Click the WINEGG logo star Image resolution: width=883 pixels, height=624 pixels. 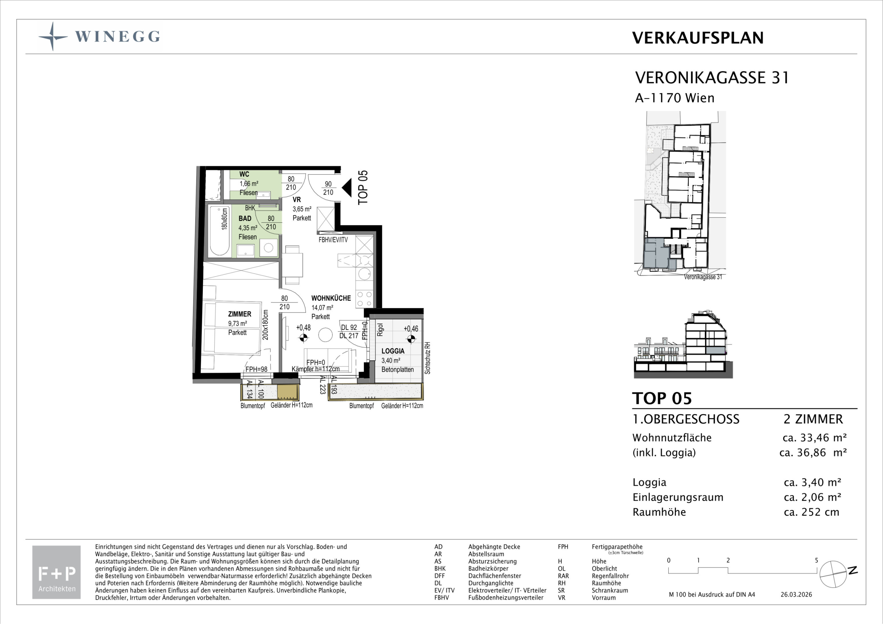tap(53, 36)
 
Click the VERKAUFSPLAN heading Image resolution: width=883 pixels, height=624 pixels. tap(698, 38)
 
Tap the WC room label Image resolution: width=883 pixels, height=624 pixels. tap(244, 174)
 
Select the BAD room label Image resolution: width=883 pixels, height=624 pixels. tap(245, 218)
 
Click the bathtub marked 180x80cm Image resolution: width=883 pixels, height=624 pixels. tap(220, 231)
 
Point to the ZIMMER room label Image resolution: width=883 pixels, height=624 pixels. tap(240, 314)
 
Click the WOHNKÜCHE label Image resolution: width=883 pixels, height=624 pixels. tap(331, 298)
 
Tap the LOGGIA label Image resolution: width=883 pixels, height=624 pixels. tap(393, 351)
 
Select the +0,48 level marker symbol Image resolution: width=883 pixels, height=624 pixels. tap(304, 338)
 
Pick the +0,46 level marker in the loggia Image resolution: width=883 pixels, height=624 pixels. tap(411, 339)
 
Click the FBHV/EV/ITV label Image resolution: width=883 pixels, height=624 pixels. tap(333, 240)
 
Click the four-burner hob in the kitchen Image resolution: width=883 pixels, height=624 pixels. tap(364, 299)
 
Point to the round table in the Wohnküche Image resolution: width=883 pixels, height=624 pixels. tap(326, 335)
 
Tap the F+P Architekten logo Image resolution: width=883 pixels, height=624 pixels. tap(57, 572)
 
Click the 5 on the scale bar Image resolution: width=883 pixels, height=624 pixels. tap(817, 560)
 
